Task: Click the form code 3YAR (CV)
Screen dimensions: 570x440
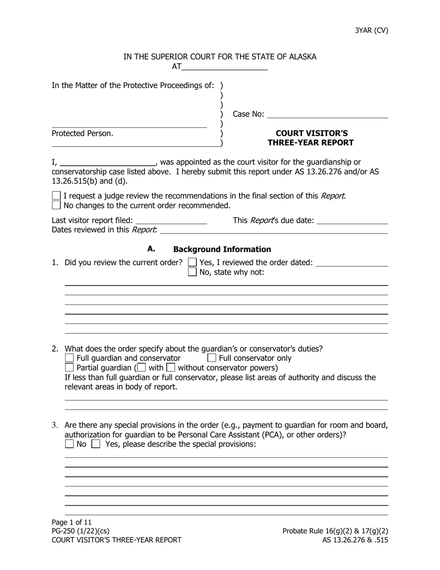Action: [x=371, y=31]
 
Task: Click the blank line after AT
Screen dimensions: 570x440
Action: [x=225, y=67]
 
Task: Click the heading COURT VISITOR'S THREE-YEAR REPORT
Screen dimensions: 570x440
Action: [x=311, y=138]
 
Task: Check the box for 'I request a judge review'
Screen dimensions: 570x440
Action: [x=57, y=196]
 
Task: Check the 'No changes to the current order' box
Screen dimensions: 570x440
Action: [x=57, y=205]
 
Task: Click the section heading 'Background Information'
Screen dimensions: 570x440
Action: [x=222, y=249]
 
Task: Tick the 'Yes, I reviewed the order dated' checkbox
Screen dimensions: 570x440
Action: [x=192, y=263]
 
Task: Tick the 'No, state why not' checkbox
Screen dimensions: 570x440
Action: [x=192, y=272]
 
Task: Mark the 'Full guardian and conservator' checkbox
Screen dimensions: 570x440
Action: [x=69, y=358]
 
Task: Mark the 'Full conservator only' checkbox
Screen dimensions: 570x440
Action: [x=212, y=358]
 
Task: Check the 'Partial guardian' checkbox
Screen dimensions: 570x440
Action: [x=69, y=368]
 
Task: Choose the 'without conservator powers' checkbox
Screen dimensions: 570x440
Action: [x=171, y=368]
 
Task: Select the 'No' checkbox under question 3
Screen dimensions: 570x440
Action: [x=69, y=444]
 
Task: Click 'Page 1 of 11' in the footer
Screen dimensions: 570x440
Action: [x=72, y=522]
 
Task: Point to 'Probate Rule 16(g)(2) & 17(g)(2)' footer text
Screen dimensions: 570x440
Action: [x=335, y=531]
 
